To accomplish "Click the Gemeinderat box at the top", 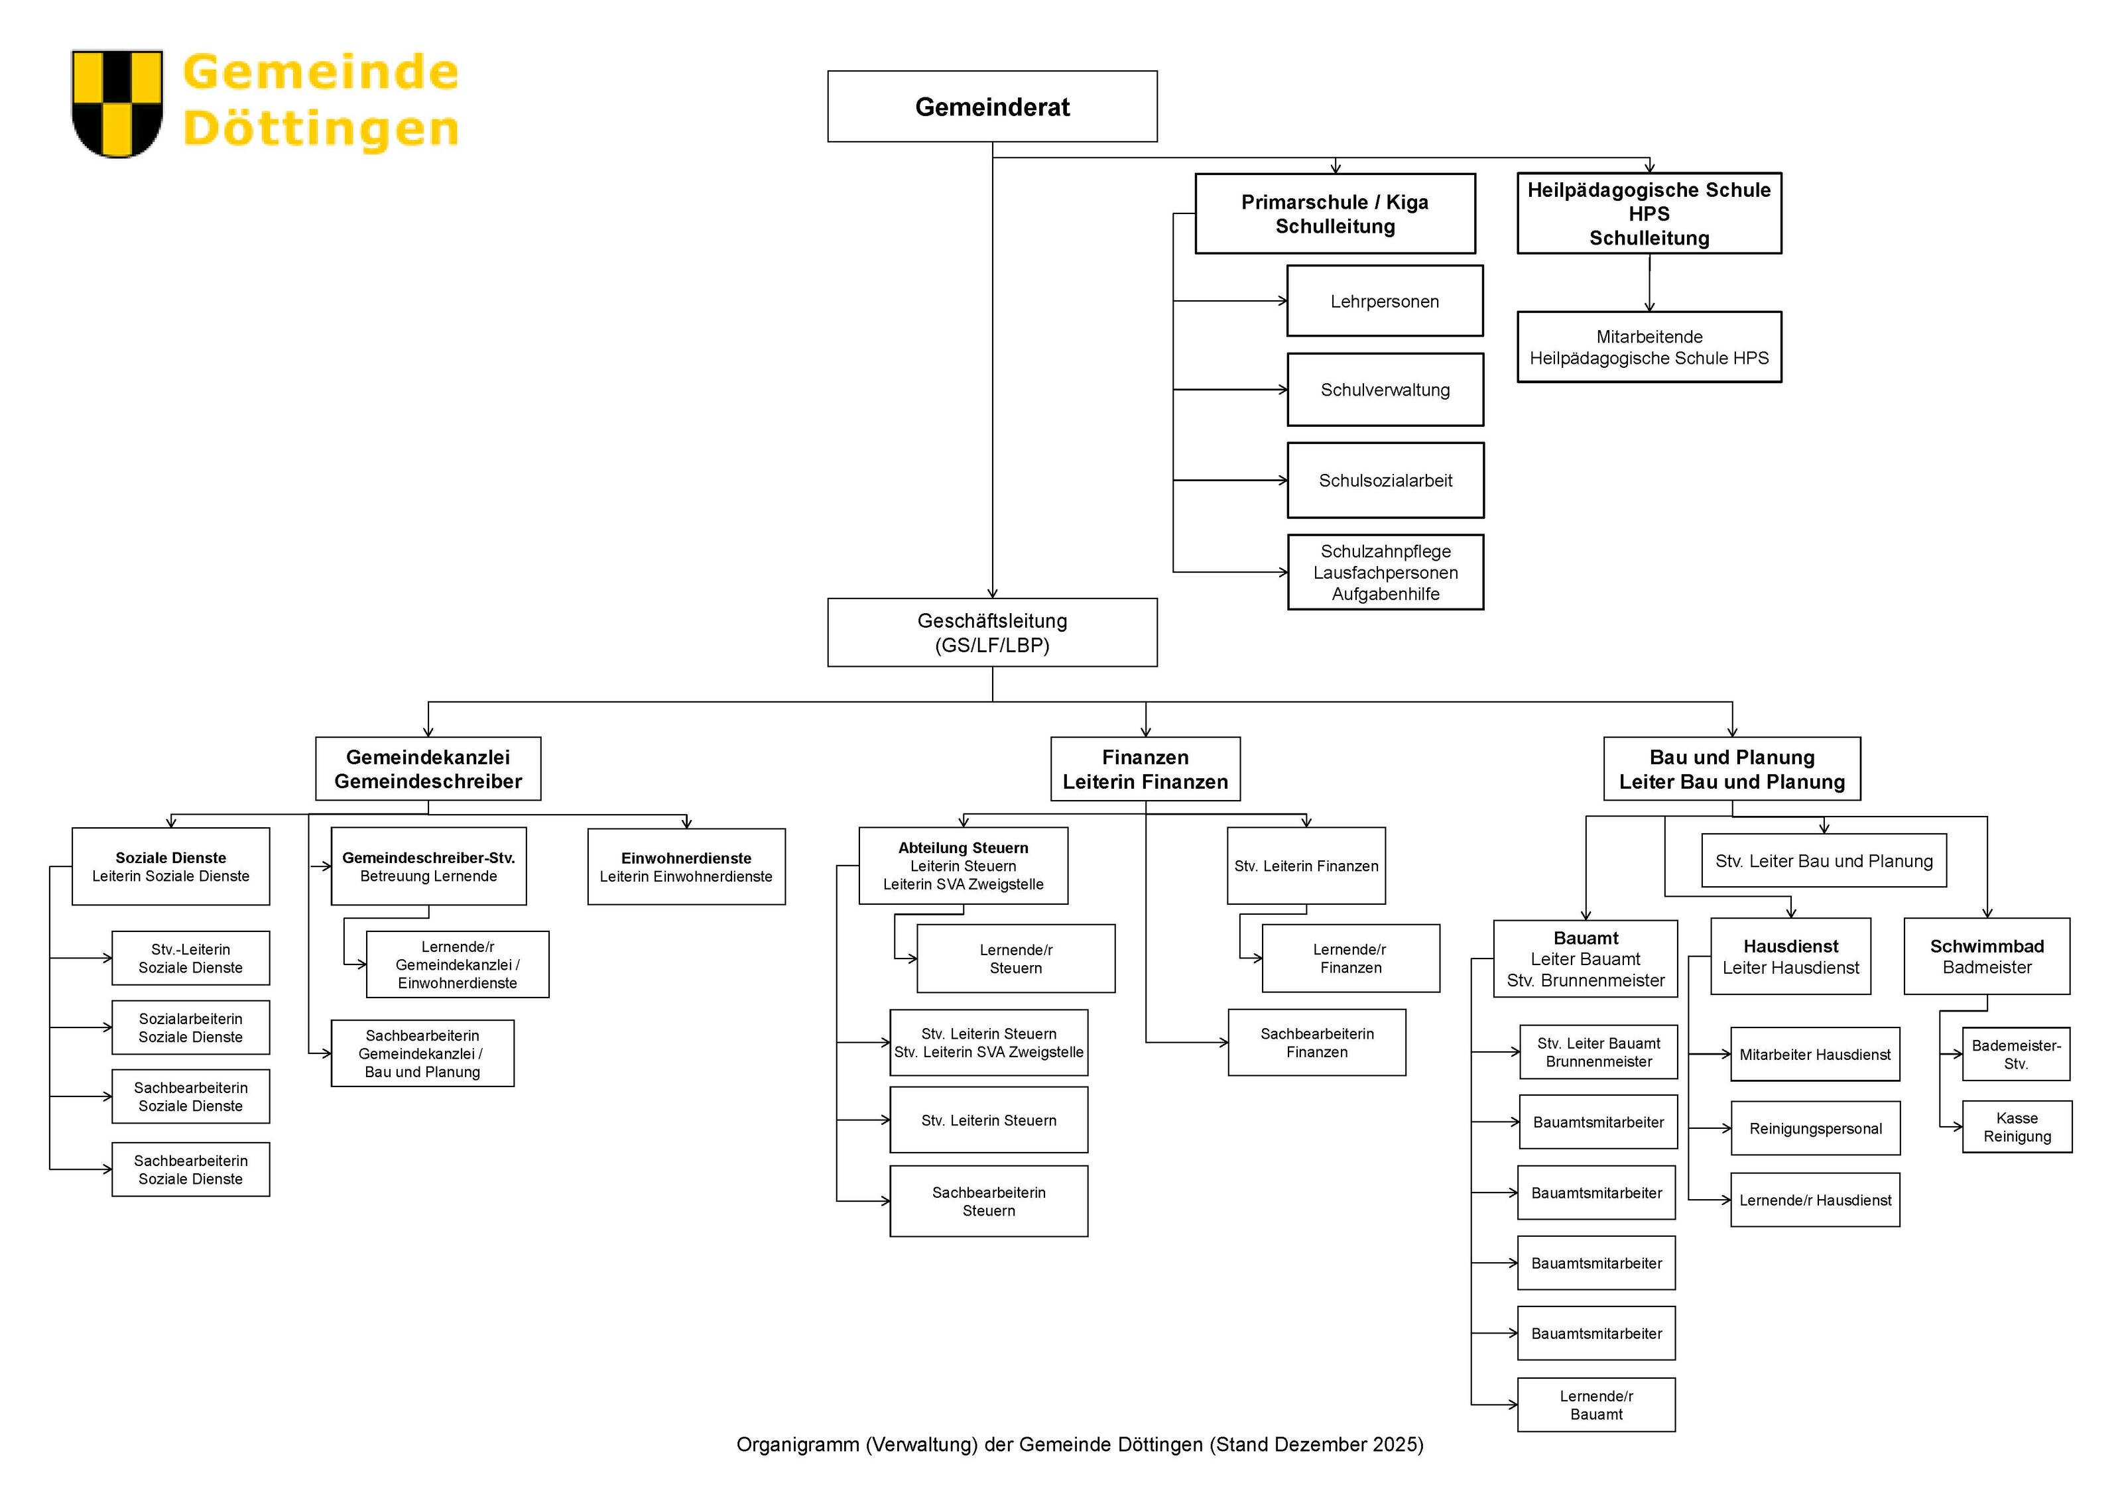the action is point(992,106).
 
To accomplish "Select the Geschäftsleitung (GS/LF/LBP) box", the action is point(992,632).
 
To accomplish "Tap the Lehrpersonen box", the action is point(1385,301).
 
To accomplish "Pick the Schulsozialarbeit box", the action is point(1385,480).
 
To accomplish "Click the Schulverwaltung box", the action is point(1385,390).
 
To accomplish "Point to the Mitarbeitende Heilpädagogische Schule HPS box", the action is point(1649,347).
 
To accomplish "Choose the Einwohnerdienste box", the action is point(686,866).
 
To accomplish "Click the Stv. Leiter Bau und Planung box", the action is point(1824,861).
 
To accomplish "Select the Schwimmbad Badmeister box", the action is point(1987,957).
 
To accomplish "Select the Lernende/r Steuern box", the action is point(1016,958).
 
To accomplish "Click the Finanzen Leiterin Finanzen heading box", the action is point(1145,769).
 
